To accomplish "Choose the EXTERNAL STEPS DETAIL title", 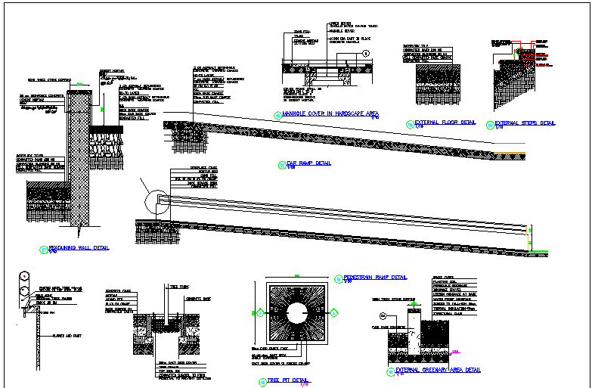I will pyautogui.click(x=525, y=123).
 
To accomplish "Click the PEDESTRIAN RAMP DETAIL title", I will pyautogui.click(x=375, y=277).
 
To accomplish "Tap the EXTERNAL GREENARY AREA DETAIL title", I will pyautogui.click(x=438, y=370).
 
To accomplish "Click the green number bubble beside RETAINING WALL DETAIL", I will pyautogui.click(x=42, y=249).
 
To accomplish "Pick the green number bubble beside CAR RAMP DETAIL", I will pyautogui.click(x=281, y=164).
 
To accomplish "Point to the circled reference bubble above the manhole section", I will pyautogui.click(x=365, y=54).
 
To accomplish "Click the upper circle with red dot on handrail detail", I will pyautogui.click(x=23, y=276).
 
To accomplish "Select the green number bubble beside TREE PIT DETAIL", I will pyautogui.click(x=262, y=381).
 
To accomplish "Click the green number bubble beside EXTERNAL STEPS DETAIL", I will pyautogui.click(x=490, y=124).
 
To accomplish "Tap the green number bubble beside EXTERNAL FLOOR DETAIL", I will pyautogui.click(x=410, y=124).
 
